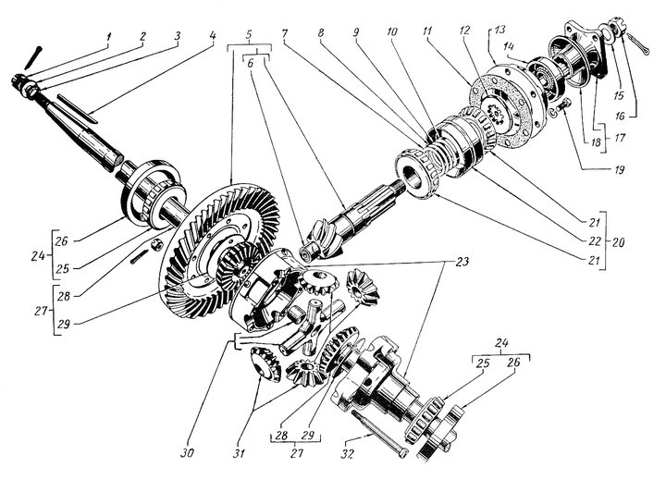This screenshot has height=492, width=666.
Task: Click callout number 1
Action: click(108, 37)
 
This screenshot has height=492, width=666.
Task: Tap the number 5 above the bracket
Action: click(249, 35)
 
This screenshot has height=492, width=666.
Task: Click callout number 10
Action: click(391, 31)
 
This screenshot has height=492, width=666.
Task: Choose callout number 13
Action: click(499, 30)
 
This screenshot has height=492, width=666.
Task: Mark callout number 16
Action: click(620, 115)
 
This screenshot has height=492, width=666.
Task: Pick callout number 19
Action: click(619, 170)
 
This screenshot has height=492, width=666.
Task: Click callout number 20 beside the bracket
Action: click(619, 242)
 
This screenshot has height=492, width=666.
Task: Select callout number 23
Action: click(462, 262)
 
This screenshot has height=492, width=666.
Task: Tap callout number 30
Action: click(187, 453)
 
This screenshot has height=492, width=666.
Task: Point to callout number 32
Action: click(348, 454)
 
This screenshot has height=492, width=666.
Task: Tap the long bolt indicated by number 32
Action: click(379, 434)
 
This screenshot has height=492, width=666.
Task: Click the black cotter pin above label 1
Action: click(32, 57)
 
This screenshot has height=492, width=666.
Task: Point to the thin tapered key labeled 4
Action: click(78, 109)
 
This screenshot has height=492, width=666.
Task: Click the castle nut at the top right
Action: click(617, 26)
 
